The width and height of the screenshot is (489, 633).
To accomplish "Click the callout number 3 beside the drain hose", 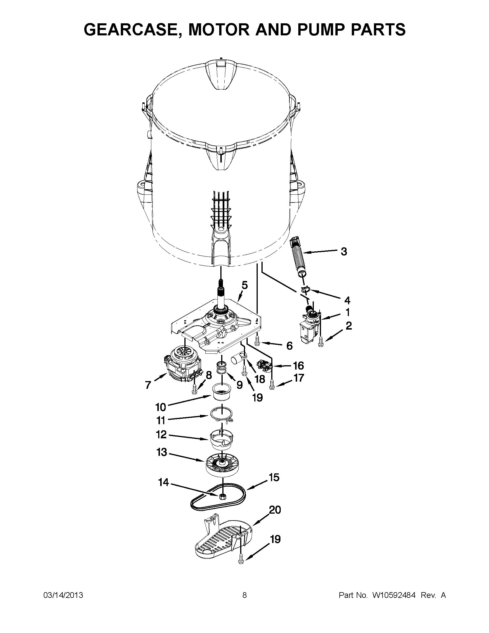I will [x=344, y=252].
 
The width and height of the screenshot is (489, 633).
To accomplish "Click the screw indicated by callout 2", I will [x=320, y=341].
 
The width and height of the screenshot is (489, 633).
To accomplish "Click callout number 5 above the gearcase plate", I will [x=245, y=286].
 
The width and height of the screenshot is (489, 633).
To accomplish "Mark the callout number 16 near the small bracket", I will [x=298, y=366].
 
